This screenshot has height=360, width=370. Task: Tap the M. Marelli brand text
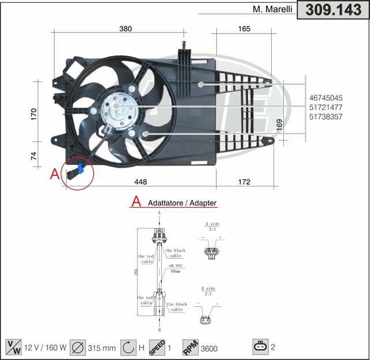tap(272, 9)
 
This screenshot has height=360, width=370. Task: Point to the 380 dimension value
tap(125, 28)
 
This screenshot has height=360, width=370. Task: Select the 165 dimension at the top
tap(244, 28)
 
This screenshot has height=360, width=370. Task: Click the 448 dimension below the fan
tap(140, 182)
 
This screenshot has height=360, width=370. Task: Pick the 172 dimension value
tap(244, 182)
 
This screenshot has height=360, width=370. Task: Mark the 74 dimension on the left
tap(34, 155)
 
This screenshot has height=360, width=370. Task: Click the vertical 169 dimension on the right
tap(279, 124)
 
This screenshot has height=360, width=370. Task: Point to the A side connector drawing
tap(212, 252)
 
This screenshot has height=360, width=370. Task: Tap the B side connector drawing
tap(206, 320)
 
